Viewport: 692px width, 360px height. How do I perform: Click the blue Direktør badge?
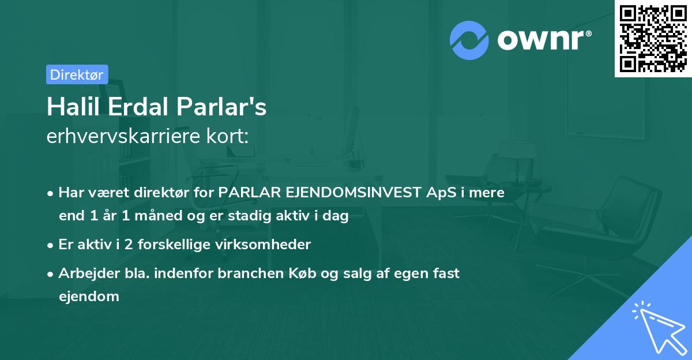(77, 74)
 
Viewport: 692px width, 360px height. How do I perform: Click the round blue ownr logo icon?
(469, 40)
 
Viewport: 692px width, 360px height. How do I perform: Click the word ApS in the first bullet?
(439, 193)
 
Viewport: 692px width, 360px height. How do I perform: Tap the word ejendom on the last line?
(89, 297)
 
